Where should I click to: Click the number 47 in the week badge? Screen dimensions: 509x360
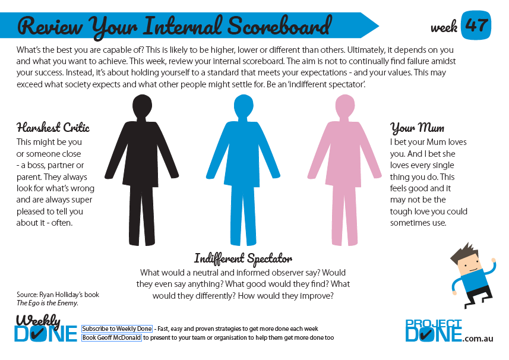pyautogui.click(x=476, y=25)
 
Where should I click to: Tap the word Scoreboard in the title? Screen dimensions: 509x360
pyautogui.click(x=280, y=26)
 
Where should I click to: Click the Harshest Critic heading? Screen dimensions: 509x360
pyautogui.click(x=53, y=127)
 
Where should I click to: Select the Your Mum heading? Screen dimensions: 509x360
pyautogui.click(x=417, y=128)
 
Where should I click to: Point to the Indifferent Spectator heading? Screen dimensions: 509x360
pyautogui.click(x=243, y=259)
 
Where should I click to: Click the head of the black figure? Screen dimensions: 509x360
pyautogui.click(x=142, y=106)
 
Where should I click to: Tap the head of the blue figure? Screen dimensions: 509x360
pyautogui.click(x=244, y=106)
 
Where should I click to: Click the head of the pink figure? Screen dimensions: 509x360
pyautogui.click(x=344, y=106)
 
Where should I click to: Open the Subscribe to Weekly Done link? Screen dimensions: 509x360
pyautogui.click(x=117, y=329)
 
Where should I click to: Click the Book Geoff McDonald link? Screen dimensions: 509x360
pyautogui.click(x=112, y=337)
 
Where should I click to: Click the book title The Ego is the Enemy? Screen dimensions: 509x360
pyautogui.click(x=48, y=303)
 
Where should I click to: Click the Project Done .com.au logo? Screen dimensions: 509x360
pyautogui.click(x=449, y=331)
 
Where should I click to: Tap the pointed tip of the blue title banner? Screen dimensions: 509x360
pyautogui.click(x=378, y=26)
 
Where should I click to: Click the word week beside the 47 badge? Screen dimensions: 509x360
pyautogui.click(x=444, y=27)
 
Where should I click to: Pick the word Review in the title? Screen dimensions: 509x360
pyautogui.click(x=50, y=26)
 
